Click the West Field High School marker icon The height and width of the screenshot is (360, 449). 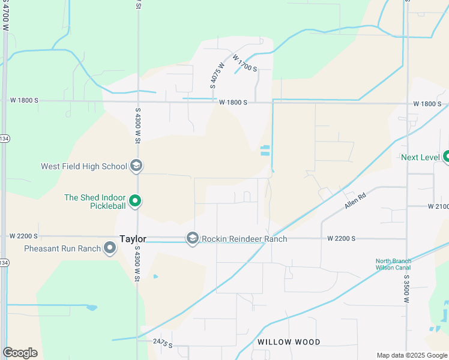pyautogui.click(x=136, y=166)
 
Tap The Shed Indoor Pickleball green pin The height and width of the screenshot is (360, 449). pyautogui.click(x=136, y=201)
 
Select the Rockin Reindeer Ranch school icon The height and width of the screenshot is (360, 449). pyautogui.click(x=192, y=239)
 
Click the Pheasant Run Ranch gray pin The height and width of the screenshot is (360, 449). pyautogui.click(x=110, y=248)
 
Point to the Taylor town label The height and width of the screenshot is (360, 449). pyautogui.click(x=133, y=238)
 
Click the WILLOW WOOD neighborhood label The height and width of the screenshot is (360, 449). pyautogui.click(x=289, y=341)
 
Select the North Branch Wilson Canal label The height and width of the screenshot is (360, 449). pyautogui.click(x=393, y=264)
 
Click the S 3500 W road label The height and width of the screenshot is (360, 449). pyautogui.click(x=406, y=287)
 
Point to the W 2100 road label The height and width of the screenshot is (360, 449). pyautogui.click(x=438, y=206)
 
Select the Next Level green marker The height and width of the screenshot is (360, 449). pyautogui.click(x=445, y=157)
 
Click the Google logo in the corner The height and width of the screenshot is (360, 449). pyautogui.click(x=20, y=353)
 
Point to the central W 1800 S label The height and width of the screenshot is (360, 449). pyautogui.click(x=233, y=103)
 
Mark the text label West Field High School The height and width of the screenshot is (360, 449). pyautogui.click(x=84, y=166)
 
